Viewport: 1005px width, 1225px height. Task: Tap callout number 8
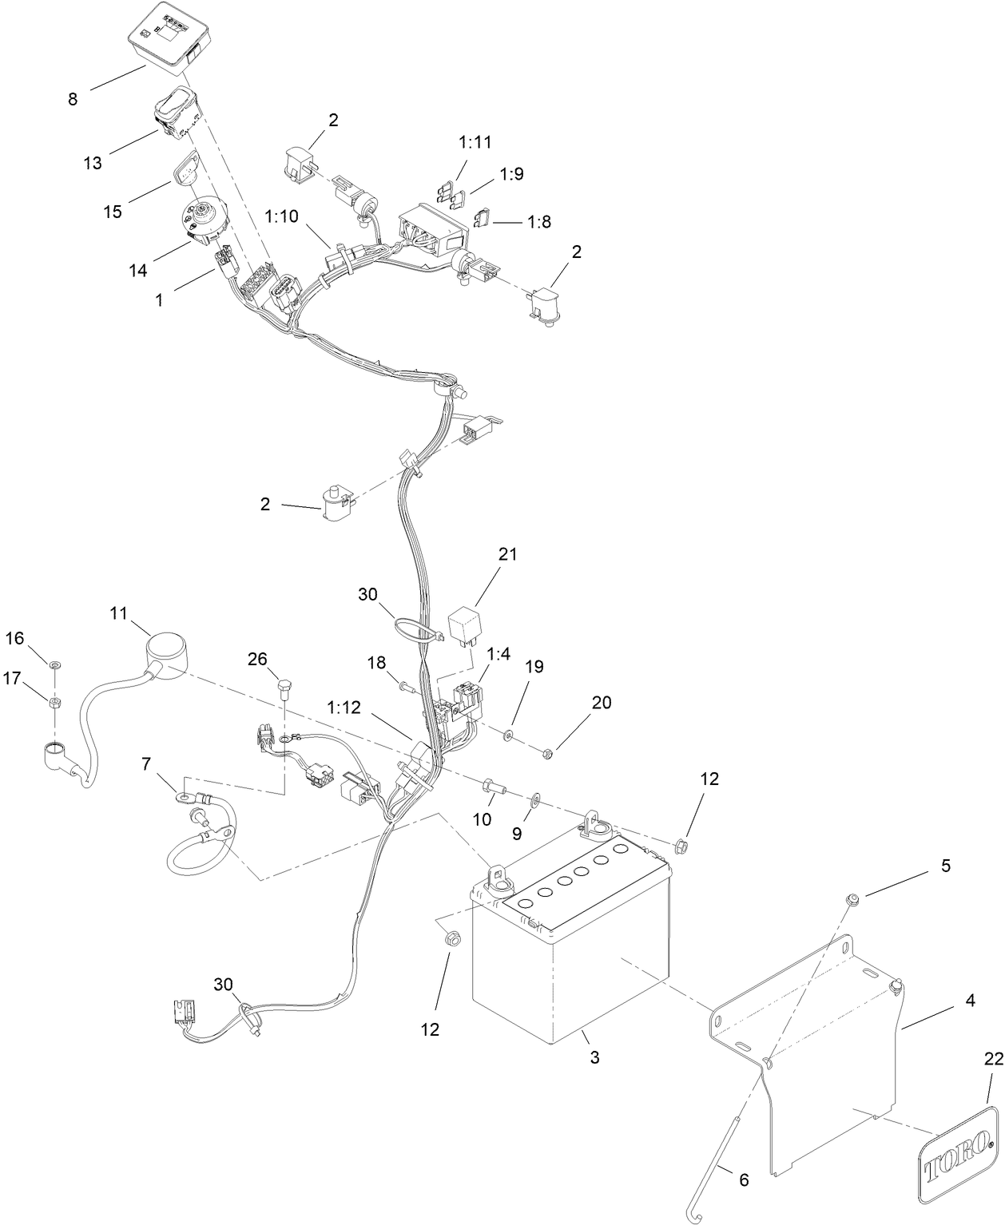tap(73, 99)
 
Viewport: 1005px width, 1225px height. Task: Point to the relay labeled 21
tap(467, 624)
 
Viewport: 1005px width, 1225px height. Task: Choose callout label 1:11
tap(475, 143)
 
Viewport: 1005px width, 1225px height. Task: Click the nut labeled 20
tap(547, 751)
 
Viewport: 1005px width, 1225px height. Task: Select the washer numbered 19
tap(509, 732)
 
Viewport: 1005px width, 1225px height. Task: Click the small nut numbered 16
tap(54, 664)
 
